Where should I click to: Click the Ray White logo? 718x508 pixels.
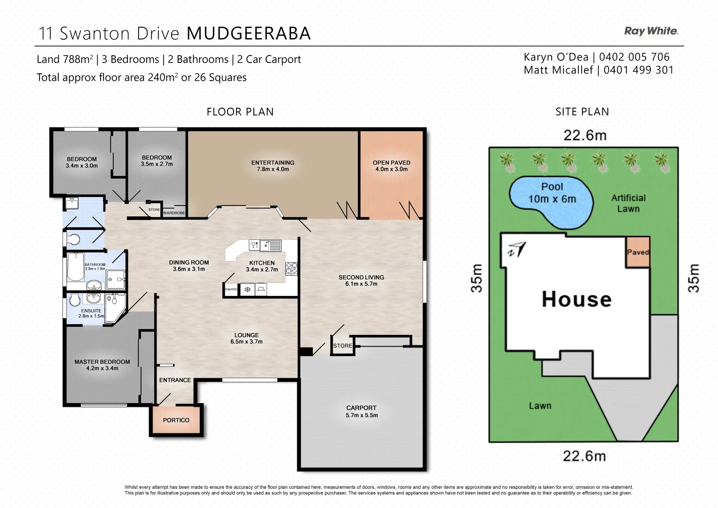coord(651,31)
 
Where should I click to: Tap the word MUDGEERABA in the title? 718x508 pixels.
coord(249,33)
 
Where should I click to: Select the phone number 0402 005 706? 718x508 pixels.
coord(634,57)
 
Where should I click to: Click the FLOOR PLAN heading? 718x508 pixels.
coord(240,112)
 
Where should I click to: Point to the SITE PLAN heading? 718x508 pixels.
coord(582,112)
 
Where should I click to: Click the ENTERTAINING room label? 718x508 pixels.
coord(273,163)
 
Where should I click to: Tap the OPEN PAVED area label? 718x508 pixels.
coord(391,163)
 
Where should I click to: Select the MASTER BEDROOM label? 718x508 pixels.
coord(102,362)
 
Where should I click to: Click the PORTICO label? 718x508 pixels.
coord(176,420)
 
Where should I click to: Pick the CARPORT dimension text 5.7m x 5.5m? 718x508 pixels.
coord(362,415)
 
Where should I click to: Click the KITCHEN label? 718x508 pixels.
coord(262,263)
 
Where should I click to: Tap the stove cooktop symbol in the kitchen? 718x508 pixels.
coord(292,269)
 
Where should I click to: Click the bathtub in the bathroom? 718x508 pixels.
coord(76,267)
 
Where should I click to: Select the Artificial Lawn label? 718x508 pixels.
coord(628,203)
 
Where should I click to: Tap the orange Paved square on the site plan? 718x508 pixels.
coord(638,252)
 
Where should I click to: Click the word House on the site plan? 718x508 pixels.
coord(576,299)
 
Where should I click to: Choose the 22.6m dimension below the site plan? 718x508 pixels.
coord(584,456)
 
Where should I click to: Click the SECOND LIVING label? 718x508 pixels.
coord(361,277)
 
